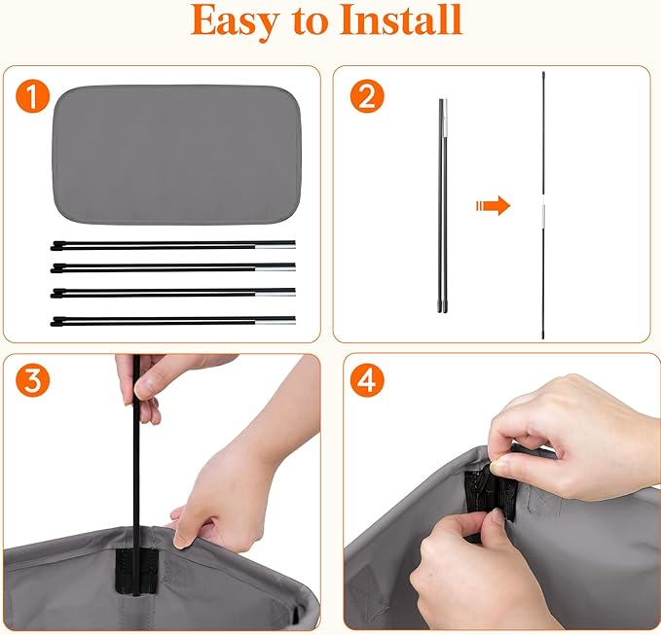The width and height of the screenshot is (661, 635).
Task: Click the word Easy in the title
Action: tap(236, 22)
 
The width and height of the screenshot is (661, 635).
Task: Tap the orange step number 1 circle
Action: tap(32, 96)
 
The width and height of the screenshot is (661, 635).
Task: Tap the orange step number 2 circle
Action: tap(367, 96)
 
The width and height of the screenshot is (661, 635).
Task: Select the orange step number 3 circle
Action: tap(32, 380)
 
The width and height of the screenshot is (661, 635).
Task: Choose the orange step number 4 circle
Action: tap(367, 380)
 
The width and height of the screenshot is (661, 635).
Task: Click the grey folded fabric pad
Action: tap(177, 155)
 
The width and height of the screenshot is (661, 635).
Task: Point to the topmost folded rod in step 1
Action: tap(173, 245)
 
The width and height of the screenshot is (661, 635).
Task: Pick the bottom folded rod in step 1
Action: tap(173, 321)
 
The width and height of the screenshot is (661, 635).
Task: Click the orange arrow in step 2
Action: tap(493, 205)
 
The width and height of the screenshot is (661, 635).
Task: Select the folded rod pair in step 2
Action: tap(442, 205)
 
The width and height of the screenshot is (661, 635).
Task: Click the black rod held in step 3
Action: tap(136, 475)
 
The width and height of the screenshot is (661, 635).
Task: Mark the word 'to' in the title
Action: tap(310, 22)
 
